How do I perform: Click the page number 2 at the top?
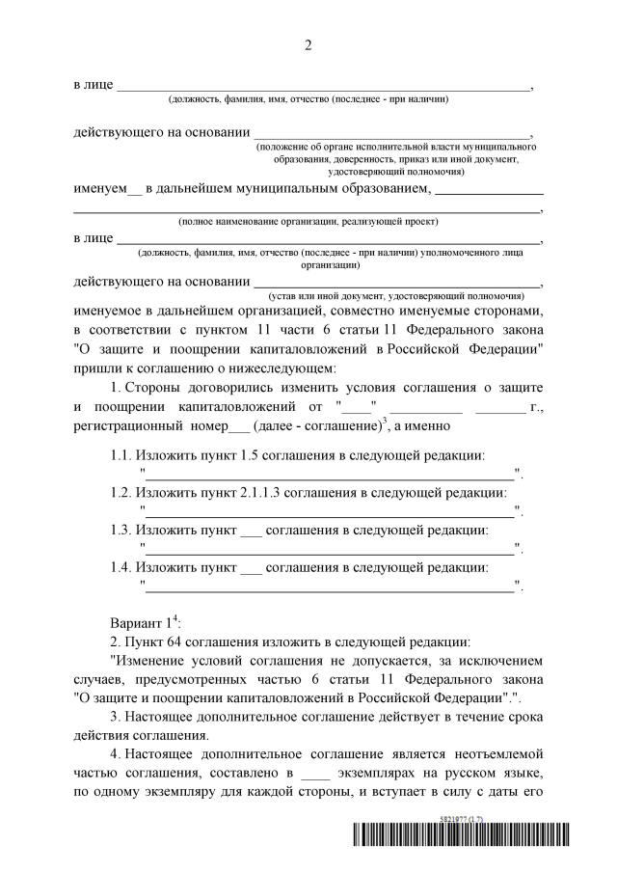pos(308,44)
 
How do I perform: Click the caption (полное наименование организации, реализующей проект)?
pos(308,221)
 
